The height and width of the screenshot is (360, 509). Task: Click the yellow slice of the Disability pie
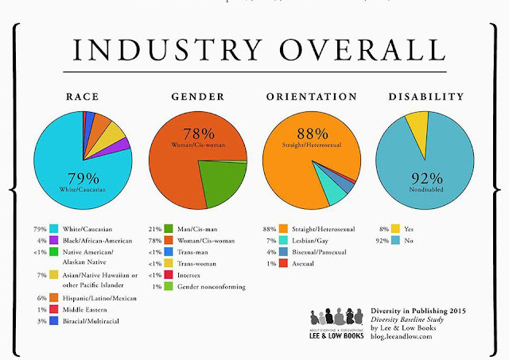click(x=416, y=126)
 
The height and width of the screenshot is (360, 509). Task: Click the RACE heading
click(x=81, y=97)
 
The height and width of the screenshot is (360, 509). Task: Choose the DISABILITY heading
click(x=425, y=97)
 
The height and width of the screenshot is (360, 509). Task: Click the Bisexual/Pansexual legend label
click(x=313, y=251)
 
